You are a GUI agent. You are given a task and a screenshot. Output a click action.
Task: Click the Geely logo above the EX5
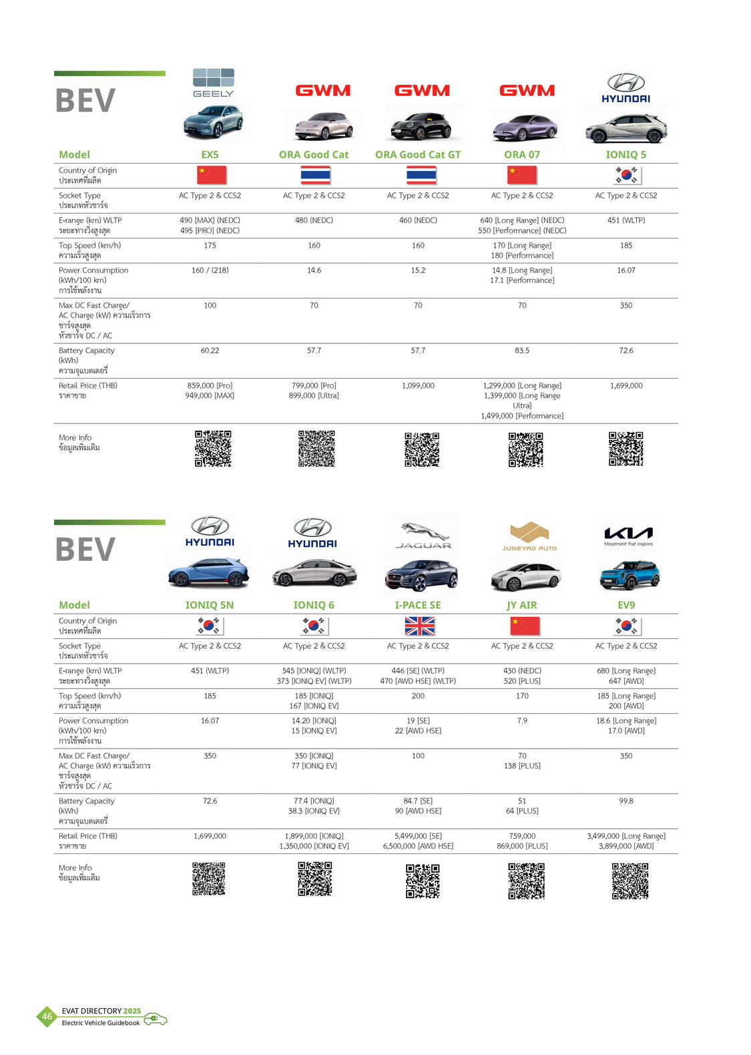(213, 83)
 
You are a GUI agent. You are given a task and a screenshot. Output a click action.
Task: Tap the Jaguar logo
(423, 535)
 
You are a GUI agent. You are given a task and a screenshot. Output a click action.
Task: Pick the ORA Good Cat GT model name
(418, 155)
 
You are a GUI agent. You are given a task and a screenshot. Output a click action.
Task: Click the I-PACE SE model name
(418, 606)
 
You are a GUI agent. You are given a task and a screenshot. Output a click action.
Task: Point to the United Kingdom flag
(419, 626)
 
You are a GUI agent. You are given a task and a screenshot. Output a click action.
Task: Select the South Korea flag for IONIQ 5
(627, 176)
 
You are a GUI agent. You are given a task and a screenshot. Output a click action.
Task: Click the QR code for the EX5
(213, 449)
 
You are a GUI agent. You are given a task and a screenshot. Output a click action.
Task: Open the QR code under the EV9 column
(630, 881)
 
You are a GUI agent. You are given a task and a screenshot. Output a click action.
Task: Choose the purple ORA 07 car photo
(525, 127)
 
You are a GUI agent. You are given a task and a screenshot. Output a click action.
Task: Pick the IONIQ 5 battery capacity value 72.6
(626, 351)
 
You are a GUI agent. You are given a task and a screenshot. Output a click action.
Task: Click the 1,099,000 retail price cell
(418, 386)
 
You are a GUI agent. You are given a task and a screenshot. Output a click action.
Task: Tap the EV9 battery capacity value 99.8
(626, 801)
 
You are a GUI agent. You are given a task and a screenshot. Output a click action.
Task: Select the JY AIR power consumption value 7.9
(522, 721)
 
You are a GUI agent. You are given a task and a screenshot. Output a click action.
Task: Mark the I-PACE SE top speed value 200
(418, 696)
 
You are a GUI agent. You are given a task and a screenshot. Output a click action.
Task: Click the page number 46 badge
(47, 1017)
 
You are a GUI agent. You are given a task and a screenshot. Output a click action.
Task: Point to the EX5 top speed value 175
(210, 246)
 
